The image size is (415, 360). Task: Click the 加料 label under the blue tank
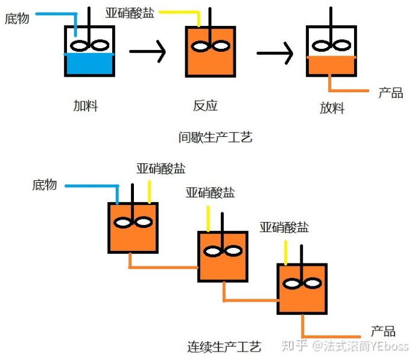pos(86,106)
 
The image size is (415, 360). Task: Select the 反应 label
pos(205,106)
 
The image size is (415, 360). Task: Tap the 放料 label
pos(332,108)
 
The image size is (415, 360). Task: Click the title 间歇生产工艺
pos(215,137)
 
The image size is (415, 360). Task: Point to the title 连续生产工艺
pos(224,347)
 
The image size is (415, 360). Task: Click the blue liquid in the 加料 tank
pos(89,65)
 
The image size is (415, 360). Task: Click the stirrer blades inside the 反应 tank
pos(211,45)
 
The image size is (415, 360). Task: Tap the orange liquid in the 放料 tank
pos(331,65)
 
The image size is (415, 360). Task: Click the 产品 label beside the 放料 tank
pos(390,92)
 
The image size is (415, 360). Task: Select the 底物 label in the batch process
pos(17,19)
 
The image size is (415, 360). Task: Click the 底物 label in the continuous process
pos(45,185)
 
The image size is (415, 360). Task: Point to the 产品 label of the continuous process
pos(382,331)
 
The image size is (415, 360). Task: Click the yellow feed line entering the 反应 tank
pos(181,13)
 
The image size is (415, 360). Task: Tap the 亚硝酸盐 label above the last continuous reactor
pos(284,227)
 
